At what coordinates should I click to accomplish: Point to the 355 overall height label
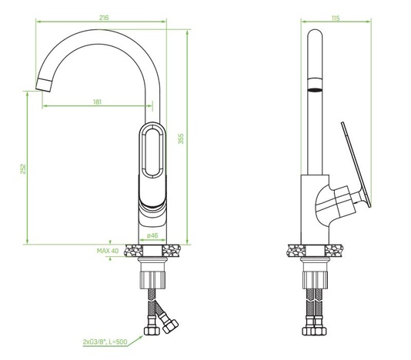(x=180, y=138)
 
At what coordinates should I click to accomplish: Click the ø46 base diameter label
(x=152, y=234)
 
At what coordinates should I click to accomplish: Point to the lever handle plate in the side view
(x=356, y=168)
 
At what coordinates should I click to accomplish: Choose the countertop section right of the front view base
(x=175, y=249)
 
